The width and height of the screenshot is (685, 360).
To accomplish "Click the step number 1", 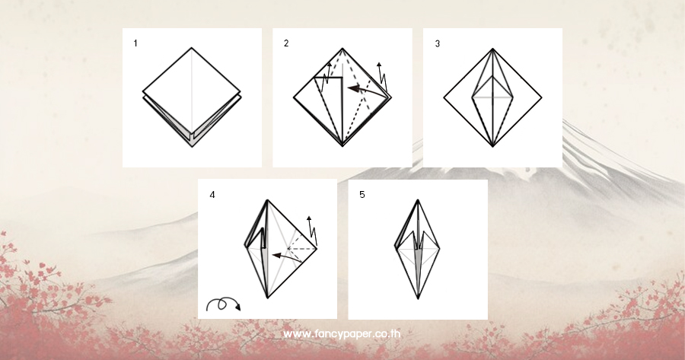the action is [135, 43].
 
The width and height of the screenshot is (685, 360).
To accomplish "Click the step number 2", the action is [286, 43].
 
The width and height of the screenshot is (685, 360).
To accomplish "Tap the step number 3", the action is [438, 43].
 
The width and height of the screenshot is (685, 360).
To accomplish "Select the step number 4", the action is [212, 195].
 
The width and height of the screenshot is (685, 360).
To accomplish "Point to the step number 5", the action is [362, 195].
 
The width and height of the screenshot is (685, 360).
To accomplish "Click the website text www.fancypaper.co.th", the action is [342, 334].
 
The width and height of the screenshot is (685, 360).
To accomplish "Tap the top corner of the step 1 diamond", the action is [191, 48].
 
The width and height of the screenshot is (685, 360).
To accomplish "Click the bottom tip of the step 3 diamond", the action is [492, 147].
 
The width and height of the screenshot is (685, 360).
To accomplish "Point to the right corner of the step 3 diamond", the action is [542, 97].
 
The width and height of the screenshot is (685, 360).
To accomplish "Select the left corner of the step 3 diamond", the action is [444, 97].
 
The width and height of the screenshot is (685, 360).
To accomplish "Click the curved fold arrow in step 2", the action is [366, 91].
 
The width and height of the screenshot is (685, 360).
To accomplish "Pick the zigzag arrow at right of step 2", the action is [383, 78].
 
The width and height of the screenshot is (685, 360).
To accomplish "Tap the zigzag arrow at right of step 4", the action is [312, 231].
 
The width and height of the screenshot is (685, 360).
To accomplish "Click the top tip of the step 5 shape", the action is [418, 200].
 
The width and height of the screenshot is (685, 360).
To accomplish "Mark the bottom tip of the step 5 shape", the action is [418, 299].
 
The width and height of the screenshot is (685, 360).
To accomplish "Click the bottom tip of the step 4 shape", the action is [267, 298].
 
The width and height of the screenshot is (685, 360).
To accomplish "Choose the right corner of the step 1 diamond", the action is [241, 93].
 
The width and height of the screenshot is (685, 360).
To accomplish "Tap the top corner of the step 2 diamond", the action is [342, 48].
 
